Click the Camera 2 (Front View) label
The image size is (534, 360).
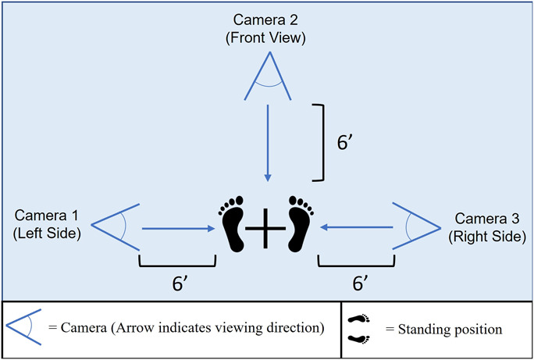[x=267, y=27]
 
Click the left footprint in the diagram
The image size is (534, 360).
[x=232, y=224]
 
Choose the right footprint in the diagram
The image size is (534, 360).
[x=300, y=224]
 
